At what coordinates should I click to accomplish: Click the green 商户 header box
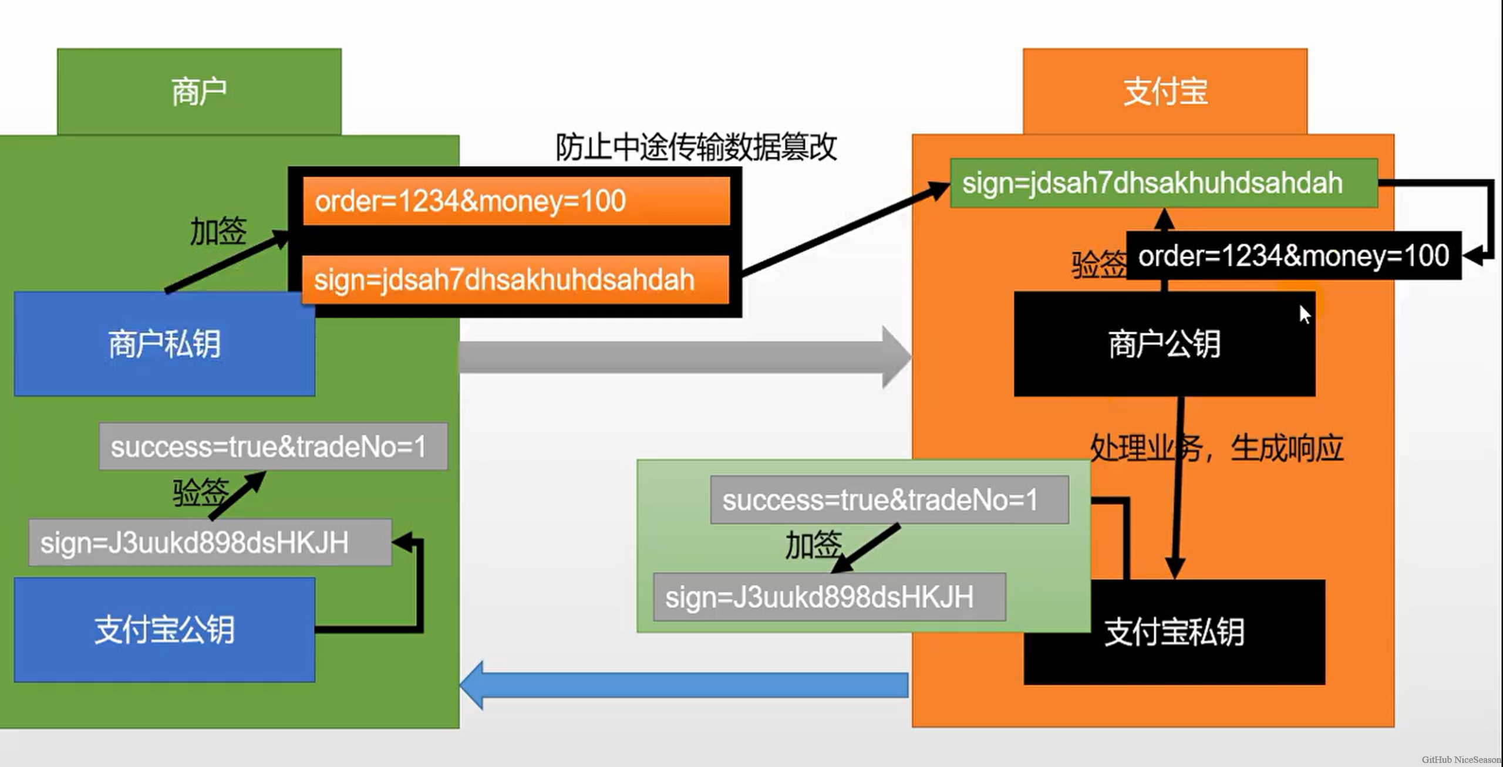coord(199,92)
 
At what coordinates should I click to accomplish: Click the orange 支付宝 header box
coord(1165,92)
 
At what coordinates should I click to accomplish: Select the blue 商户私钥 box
coord(164,344)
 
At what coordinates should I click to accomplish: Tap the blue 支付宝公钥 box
coord(164,630)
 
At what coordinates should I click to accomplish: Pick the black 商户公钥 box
coord(1164,344)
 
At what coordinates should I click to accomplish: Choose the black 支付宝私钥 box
coord(1174,633)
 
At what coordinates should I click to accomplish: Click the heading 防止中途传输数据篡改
coord(696,147)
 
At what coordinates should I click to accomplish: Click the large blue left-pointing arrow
coord(684,685)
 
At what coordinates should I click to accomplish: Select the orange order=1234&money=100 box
coord(516,201)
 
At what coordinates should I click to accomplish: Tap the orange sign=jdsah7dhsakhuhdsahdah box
coord(515,280)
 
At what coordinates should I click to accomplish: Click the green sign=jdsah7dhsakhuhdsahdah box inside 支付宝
coord(1164,183)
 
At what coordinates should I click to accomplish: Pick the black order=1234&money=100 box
coord(1293,256)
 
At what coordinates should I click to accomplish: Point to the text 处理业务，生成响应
coord(1216,448)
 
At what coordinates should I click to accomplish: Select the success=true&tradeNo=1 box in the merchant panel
coord(273,447)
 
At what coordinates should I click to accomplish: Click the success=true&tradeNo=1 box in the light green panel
coord(889,500)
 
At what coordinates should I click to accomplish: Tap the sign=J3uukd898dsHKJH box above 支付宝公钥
coord(210,543)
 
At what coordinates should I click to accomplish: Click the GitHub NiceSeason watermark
coord(1461,759)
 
